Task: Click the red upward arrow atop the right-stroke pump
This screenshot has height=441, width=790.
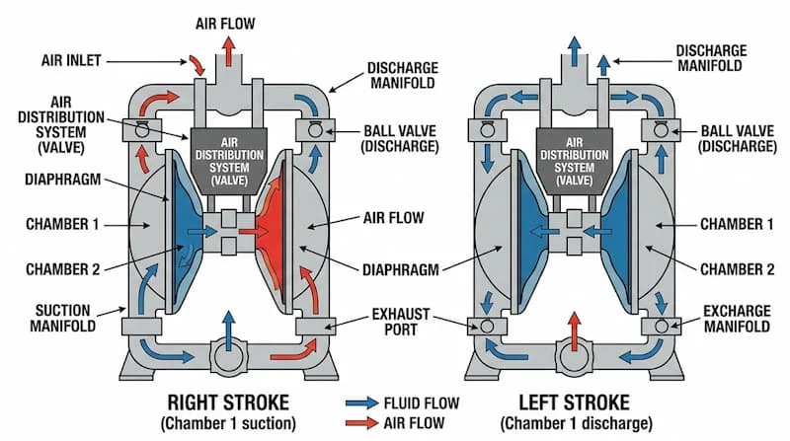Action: click(x=228, y=49)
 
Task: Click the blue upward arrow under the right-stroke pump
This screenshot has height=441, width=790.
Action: click(x=228, y=329)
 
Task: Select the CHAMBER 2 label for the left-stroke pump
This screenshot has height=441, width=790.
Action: click(x=736, y=268)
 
